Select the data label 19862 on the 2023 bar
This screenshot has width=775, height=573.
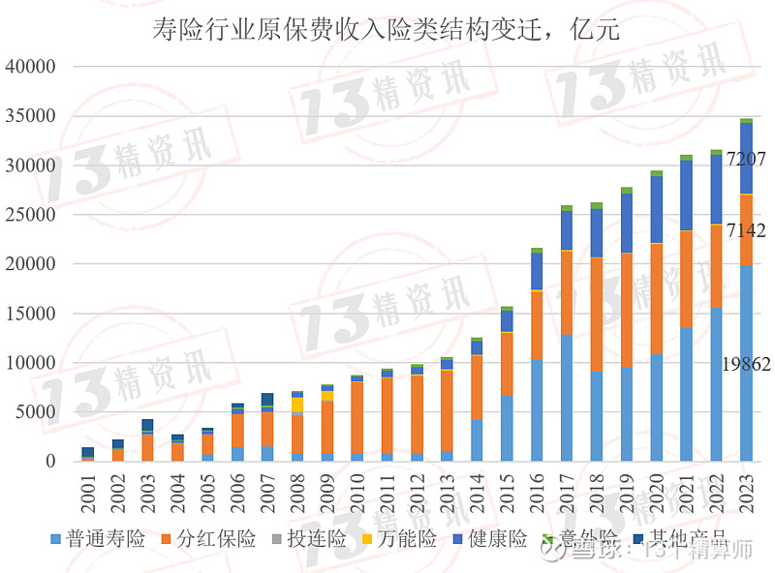pyautogui.click(x=746, y=365)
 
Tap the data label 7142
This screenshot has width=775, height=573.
pyautogui.click(x=746, y=231)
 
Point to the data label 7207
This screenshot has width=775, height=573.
pyautogui.click(x=746, y=157)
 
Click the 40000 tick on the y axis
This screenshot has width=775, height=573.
pyautogui.click(x=32, y=67)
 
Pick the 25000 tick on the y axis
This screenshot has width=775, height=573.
pyautogui.click(x=32, y=215)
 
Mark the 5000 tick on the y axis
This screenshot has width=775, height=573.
pyautogui.click(x=38, y=412)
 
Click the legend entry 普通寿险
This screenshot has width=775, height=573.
pyautogui.click(x=97, y=539)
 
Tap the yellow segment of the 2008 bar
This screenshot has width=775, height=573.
pyautogui.click(x=297, y=405)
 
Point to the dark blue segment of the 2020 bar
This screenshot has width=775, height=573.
pyautogui.click(x=657, y=209)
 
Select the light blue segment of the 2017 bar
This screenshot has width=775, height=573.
pyautogui.click(x=567, y=397)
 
